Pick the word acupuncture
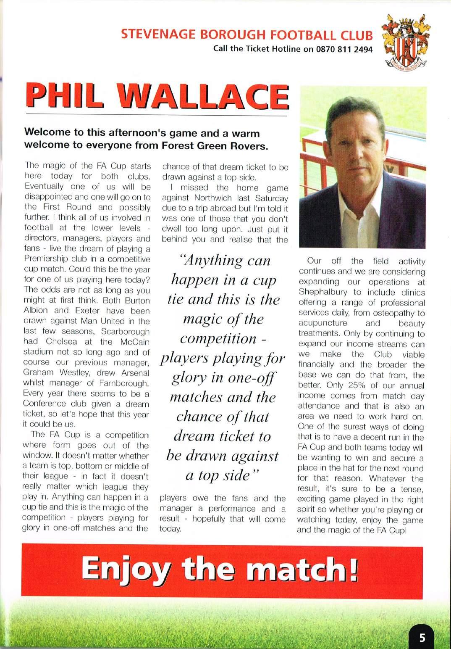pos(323,323)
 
